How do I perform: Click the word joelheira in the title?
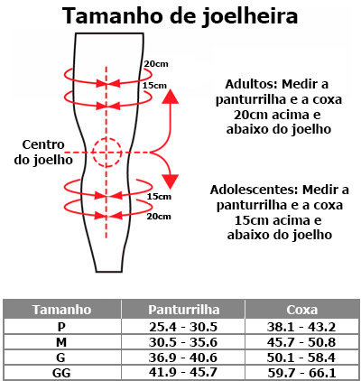(x=250, y=16)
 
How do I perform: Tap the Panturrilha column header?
(x=183, y=310)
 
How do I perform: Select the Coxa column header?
(x=302, y=310)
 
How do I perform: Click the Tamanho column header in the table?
(x=62, y=310)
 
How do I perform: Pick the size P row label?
(x=61, y=327)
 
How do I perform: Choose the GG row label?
(x=61, y=373)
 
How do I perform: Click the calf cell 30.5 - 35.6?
(x=183, y=342)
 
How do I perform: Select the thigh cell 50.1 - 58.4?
(x=301, y=358)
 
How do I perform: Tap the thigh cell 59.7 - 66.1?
(x=301, y=373)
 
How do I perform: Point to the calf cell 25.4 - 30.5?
(x=183, y=327)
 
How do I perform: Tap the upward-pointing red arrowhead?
(x=171, y=96)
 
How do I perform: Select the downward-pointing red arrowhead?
(x=171, y=181)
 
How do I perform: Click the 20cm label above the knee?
(x=156, y=64)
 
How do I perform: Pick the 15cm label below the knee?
(x=159, y=197)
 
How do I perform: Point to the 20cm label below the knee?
(x=159, y=216)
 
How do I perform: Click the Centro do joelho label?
(x=43, y=153)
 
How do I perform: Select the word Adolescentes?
(x=255, y=190)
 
